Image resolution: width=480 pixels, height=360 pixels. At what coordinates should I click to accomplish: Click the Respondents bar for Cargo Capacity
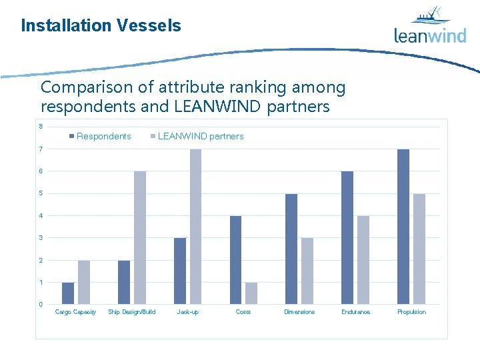(68, 293)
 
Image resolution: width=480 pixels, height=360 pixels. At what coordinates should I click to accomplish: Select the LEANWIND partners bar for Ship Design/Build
(140, 238)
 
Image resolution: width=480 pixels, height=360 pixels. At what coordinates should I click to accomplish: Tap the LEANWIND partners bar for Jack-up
(195, 227)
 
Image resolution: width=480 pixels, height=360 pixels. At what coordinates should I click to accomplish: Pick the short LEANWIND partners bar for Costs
(251, 293)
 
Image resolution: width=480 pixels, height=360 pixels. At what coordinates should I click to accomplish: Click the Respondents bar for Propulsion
(403, 227)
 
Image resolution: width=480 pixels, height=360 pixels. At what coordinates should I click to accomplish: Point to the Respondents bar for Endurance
(347, 238)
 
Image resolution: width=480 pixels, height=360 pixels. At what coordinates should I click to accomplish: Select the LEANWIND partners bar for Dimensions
(307, 271)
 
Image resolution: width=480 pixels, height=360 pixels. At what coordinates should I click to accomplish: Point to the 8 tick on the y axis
(41, 127)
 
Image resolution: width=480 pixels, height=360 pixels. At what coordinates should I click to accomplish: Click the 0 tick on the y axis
(41, 305)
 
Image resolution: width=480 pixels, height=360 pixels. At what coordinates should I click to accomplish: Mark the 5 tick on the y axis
(41, 193)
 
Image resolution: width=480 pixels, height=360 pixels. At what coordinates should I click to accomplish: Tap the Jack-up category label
(187, 312)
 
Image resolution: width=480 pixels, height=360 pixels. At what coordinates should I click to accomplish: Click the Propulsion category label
(411, 312)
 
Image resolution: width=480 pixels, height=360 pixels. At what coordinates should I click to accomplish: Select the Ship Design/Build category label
(131, 312)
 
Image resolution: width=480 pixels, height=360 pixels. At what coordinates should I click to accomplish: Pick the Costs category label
(243, 312)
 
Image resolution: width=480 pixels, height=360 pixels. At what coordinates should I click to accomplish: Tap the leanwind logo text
(430, 35)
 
